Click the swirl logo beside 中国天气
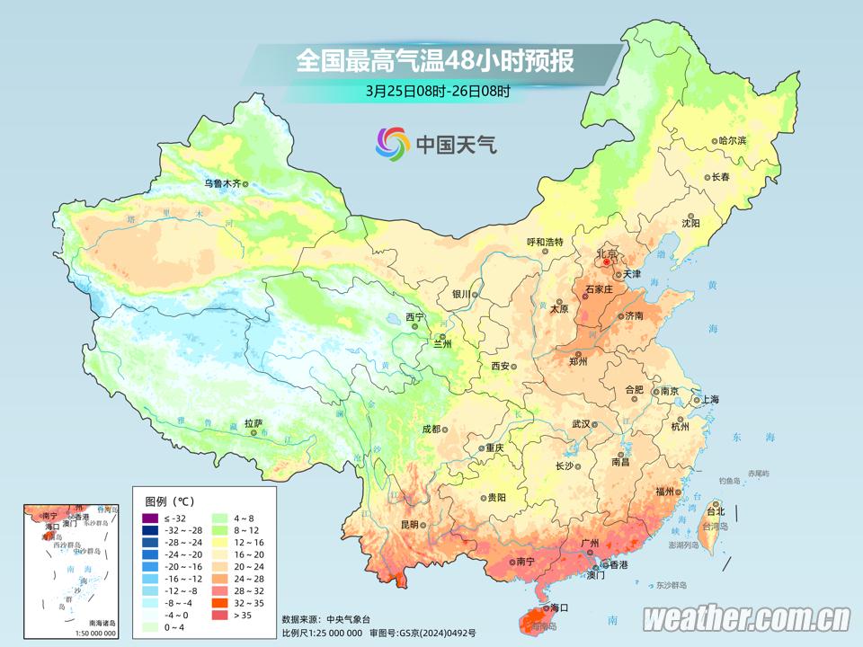[x=392, y=142]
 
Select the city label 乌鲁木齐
[x=222, y=183]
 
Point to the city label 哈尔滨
[x=733, y=141]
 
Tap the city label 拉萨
[x=254, y=422]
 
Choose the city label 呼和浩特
[x=544, y=242]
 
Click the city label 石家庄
[x=598, y=289]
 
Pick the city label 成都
[x=430, y=429]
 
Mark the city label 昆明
[x=410, y=524]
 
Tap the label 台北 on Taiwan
[x=715, y=511]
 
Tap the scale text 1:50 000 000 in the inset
[x=91, y=634]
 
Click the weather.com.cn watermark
[x=746, y=619]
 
